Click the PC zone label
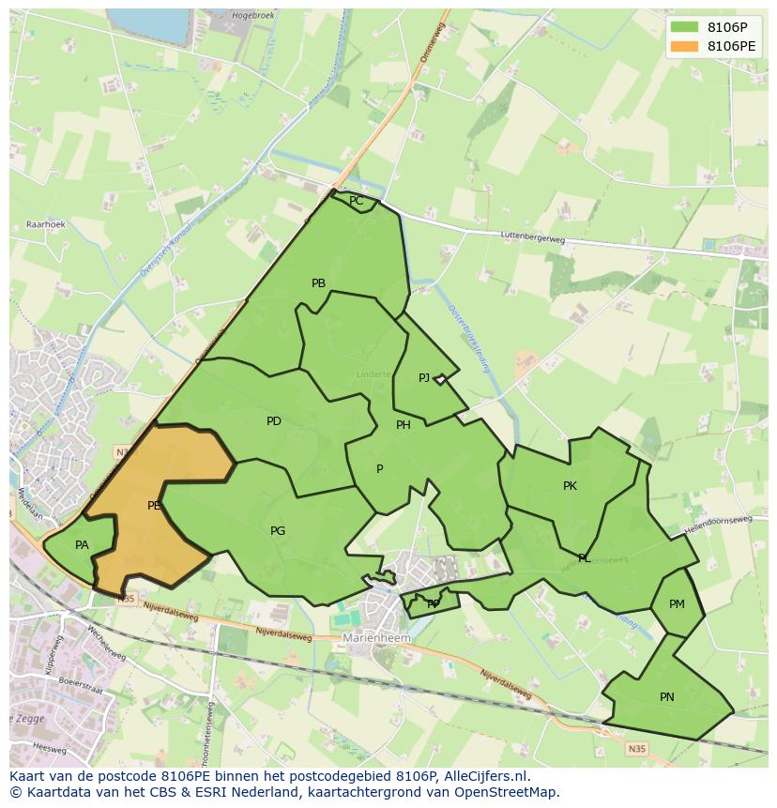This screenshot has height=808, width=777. pos(356,201)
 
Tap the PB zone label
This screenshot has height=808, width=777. pos(318,283)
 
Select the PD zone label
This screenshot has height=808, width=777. pos(273,421)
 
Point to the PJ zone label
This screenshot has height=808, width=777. pos(424,378)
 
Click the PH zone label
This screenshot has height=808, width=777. pos(404,425)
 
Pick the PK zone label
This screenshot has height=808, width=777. pos(570,486)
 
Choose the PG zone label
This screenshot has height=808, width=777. pos(278,531)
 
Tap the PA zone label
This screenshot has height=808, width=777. pos(82,545)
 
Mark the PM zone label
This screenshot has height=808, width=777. pos(677,604)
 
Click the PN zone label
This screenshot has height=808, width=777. pos(666,697)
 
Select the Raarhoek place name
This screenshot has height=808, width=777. pos(45,225)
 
